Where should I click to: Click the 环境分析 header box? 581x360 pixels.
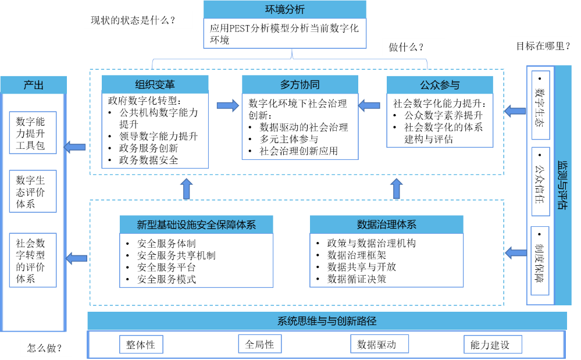point(284,9)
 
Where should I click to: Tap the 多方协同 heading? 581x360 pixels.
point(300,84)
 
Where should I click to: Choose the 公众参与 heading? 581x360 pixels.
point(440,85)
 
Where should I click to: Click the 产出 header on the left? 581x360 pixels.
point(33,85)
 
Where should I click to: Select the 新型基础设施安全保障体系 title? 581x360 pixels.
point(196,225)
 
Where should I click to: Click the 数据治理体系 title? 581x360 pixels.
point(386,224)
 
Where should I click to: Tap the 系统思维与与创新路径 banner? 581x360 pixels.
point(327,321)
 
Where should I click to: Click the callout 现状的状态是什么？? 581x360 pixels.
point(133,22)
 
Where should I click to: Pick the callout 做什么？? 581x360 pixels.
point(407,47)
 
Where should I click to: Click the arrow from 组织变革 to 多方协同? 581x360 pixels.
point(227,105)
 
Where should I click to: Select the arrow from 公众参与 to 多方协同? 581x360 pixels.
point(369,105)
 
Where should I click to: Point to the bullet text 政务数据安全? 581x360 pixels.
point(148,160)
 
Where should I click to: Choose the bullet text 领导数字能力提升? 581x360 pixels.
point(158,137)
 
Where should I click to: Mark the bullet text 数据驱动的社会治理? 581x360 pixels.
point(304,127)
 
